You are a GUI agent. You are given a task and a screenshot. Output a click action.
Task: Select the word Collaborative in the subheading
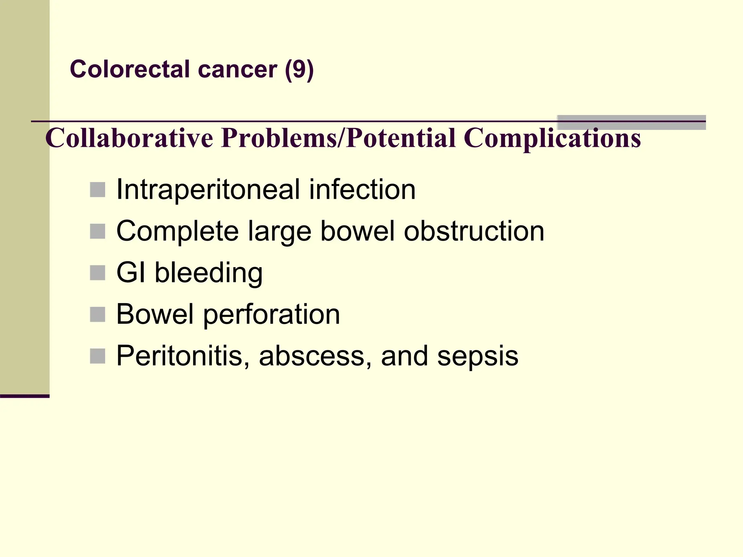129,138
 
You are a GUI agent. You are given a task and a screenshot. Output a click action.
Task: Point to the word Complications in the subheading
552,138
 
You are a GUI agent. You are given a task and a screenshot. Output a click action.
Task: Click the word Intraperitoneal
208,190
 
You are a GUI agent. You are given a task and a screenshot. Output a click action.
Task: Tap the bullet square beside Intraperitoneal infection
97,190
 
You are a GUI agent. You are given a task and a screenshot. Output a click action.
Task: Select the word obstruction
474,231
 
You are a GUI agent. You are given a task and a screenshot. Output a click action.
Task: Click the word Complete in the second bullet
177,231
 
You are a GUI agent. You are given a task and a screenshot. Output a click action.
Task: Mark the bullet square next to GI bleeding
97,273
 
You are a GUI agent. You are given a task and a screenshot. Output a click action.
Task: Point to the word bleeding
209,273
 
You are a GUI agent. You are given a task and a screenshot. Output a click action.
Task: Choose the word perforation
271,314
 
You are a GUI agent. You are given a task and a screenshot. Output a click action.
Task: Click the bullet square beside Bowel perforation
97,314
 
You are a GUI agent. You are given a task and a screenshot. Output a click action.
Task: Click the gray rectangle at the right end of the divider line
631,123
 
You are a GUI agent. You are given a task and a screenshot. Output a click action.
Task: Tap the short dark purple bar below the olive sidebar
25,396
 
